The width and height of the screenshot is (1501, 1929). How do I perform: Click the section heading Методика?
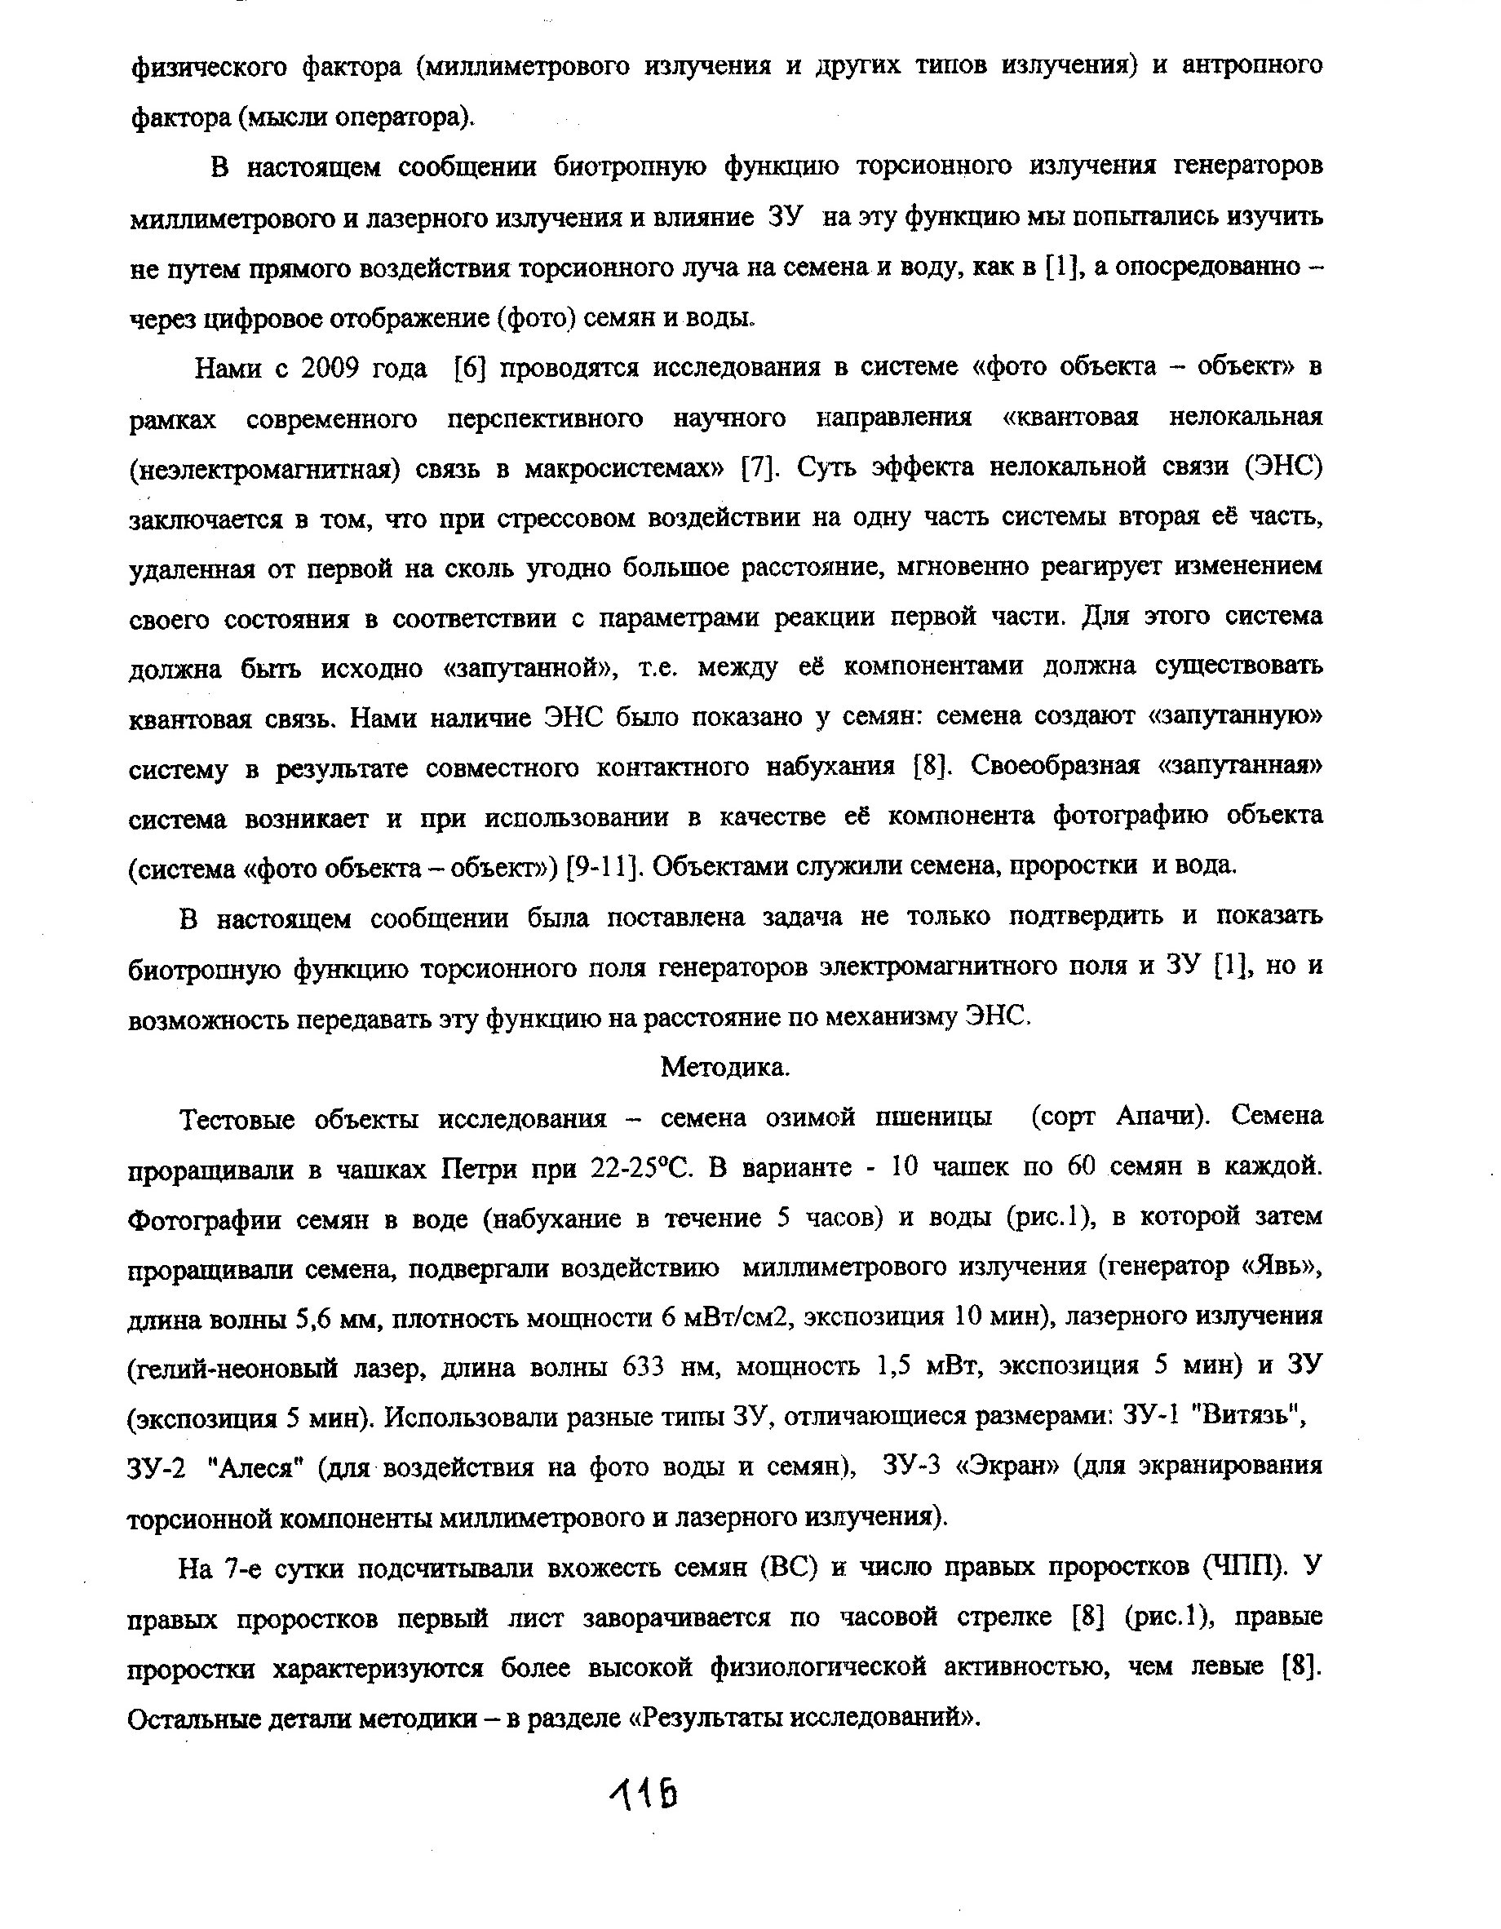pos(724,1068)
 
